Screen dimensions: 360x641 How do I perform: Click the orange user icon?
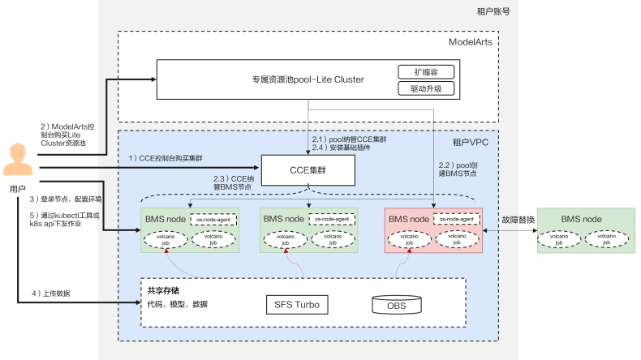pos(18,159)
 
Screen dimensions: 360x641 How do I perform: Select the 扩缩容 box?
pos(425,71)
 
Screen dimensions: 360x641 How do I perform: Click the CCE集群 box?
pos(309,170)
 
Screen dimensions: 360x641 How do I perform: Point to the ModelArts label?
pos(470,41)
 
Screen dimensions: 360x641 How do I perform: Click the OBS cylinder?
pos(396,305)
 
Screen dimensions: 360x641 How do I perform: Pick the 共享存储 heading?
pos(164,289)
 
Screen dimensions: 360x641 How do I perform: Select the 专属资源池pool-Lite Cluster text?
pos(308,79)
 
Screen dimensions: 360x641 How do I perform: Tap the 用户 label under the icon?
pos(18,188)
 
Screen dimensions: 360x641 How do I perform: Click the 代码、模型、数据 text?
pos(177,304)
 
